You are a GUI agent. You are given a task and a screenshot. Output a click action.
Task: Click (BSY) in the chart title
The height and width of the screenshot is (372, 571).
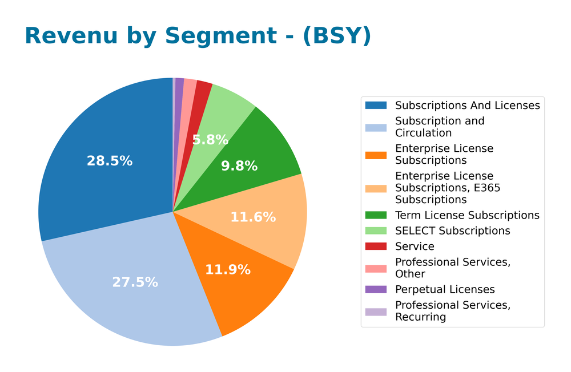(336, 36)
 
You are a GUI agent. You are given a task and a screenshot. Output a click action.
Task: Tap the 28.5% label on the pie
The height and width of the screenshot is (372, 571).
(110, 161)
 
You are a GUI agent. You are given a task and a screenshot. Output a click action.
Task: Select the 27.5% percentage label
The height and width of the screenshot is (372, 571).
(135, 282)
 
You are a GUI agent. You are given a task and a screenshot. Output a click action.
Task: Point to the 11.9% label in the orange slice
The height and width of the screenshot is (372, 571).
(227, 270)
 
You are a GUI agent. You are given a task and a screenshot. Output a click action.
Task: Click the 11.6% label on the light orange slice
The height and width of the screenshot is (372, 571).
(253, 217)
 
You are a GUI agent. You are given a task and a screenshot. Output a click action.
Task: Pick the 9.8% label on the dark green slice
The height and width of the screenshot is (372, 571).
(239, 166)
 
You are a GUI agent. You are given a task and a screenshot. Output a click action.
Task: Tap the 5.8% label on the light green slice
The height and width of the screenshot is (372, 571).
(210, 140)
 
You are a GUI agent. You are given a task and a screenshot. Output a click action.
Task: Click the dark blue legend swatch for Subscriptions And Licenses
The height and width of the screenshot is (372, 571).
(376, 105)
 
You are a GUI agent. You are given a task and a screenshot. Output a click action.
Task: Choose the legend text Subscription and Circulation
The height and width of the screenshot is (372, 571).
(439, 127)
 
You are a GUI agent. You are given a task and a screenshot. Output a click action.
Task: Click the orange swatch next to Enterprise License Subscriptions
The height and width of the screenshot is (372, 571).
(376, 154)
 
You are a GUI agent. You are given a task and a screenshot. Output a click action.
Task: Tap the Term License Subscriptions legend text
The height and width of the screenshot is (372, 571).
(467, 215)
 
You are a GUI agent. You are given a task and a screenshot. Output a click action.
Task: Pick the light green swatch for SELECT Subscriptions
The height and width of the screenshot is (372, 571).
(376, 231)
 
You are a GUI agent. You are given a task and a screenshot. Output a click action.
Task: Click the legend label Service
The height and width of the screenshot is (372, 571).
(414, 246)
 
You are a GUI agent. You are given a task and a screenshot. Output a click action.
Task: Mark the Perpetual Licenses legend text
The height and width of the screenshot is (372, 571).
(444, 289)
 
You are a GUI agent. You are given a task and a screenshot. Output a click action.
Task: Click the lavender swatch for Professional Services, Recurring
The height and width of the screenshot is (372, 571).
(376, 311)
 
